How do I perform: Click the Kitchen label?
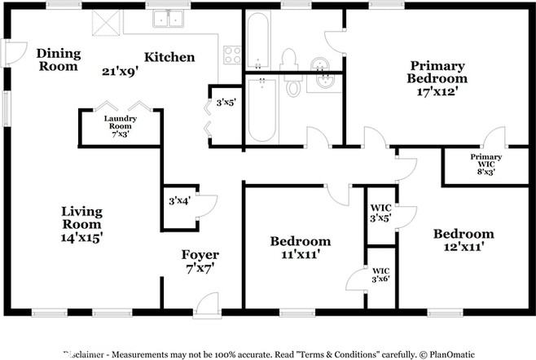click(169, 57)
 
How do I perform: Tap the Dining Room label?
click(59, 59)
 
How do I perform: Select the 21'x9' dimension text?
click(120, 72)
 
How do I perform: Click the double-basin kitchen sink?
click(168, 18)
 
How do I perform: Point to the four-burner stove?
click(232, 55)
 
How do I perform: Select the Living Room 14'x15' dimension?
click(81, 237)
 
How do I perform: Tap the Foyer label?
click(200, 255)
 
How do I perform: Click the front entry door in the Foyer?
click(207, 305)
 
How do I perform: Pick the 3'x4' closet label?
click(179, 200)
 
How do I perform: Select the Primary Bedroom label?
click(437, 72)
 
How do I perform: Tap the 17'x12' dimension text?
click(437, 91)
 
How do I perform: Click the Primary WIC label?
click(486, 160)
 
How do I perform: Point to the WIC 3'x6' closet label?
click(380, 275)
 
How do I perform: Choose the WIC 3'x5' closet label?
click(380, 213)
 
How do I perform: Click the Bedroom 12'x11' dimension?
click(464, 247)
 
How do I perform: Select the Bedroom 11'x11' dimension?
click(301, 254)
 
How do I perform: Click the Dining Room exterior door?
click(14, 53)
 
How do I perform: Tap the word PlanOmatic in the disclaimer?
click(452, 354)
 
